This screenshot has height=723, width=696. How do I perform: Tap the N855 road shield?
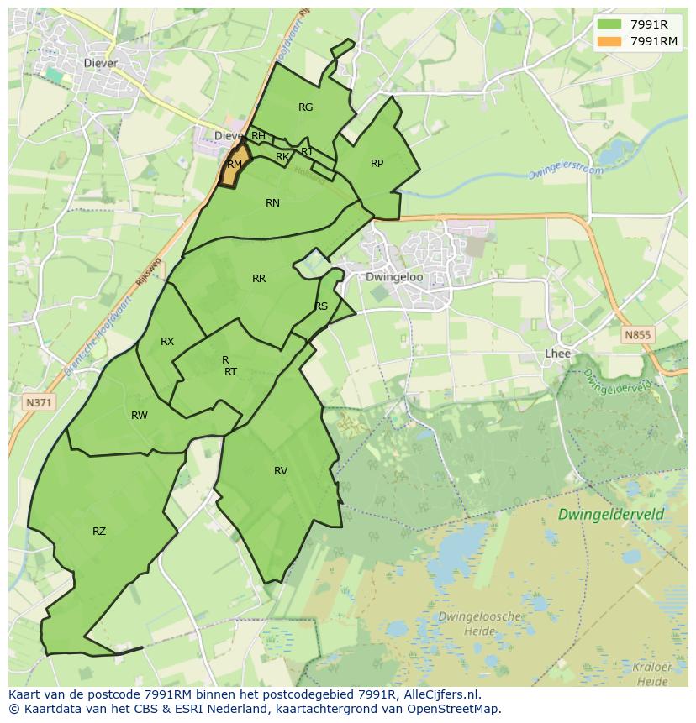(637, 334)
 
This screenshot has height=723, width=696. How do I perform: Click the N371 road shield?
(38, 403)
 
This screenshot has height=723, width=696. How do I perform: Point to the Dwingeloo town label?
(394, 276)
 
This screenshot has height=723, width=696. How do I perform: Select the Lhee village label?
(557, 354)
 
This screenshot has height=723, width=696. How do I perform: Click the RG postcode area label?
(305, 107)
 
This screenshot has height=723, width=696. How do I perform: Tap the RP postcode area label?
(377, 164)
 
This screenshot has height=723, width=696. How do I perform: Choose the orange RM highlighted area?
(233, 168)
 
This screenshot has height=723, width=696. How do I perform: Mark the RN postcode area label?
(272, 203)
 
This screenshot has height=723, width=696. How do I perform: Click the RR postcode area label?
(259, 278)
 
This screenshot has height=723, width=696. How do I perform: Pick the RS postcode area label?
(321, 306)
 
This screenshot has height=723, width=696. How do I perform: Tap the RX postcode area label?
(167, 342)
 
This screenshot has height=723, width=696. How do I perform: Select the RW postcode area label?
(140, 416)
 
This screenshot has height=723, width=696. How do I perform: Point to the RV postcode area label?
(281, 471)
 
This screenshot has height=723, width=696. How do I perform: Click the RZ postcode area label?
(99, 531)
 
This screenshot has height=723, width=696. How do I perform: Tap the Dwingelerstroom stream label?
(566, 171)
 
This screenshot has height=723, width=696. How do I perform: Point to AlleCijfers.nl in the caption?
(439, 694)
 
